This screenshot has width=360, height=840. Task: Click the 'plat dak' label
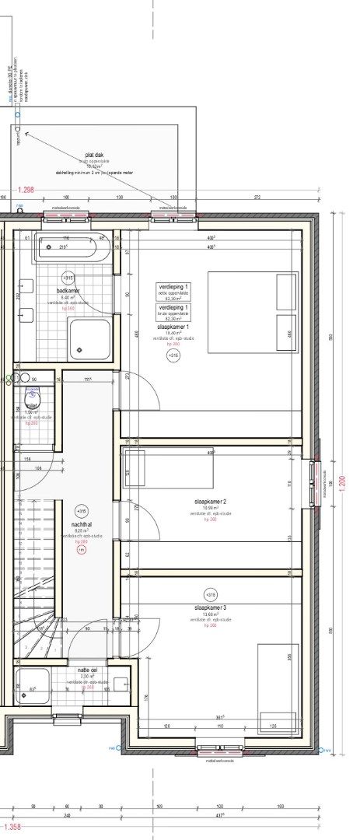point(95,156)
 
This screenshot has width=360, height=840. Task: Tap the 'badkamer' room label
point(68,291)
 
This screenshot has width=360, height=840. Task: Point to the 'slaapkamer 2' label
point(210,502)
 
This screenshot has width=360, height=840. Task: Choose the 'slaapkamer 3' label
point(210,607)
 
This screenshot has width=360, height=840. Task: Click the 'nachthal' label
point(81,524)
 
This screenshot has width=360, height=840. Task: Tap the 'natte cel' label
point(87,670)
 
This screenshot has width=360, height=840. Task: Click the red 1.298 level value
point(26,190)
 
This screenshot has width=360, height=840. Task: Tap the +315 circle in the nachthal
point(81,511)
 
